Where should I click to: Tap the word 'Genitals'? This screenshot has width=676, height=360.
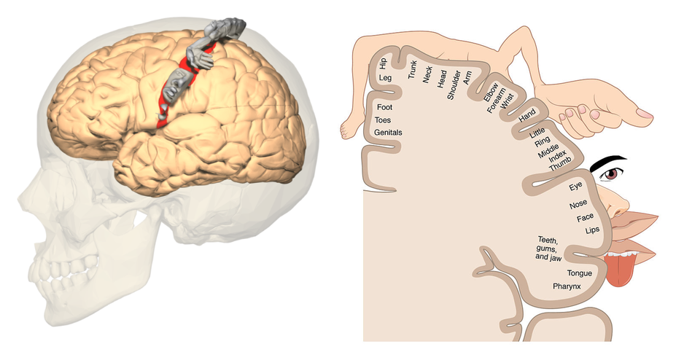point(388,133)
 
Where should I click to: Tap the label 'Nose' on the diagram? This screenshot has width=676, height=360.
point(578,205)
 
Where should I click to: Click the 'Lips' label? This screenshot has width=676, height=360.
point(591,230)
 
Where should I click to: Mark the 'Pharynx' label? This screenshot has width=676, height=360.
point(566,286)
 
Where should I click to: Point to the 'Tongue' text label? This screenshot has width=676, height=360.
point(579,273)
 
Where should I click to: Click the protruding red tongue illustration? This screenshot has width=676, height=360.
point(621,270)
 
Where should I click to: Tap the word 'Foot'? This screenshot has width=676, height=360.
point(384,107)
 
